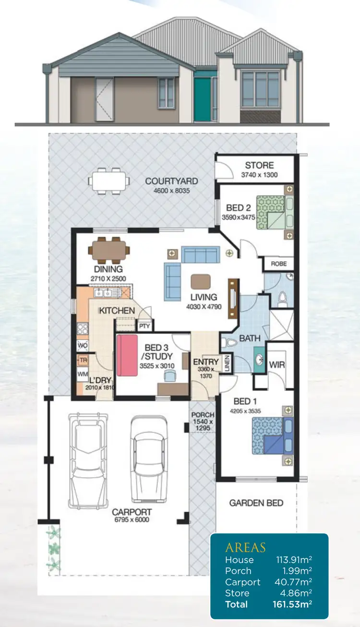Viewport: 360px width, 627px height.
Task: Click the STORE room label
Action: tap(259, 166)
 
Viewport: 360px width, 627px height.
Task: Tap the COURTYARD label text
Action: tap(171, 181)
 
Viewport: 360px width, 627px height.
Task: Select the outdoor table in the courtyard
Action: tap(109, 181)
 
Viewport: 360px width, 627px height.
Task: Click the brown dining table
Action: tap(109, 249)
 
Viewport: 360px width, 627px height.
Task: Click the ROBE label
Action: tap(278, 264)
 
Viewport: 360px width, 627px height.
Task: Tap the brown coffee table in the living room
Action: tap(201, 281)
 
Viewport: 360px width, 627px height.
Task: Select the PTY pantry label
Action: tap(144, 326)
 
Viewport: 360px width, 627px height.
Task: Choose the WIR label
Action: tap(277, 365)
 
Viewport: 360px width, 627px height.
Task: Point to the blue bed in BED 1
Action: tap(272, 435)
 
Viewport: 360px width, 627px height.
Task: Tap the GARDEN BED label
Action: tap(256, 503)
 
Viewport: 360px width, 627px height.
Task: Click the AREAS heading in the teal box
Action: tap(245, 547)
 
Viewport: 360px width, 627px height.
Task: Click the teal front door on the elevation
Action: tap(202, 99)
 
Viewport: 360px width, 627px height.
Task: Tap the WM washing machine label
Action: tap(82, 373)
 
